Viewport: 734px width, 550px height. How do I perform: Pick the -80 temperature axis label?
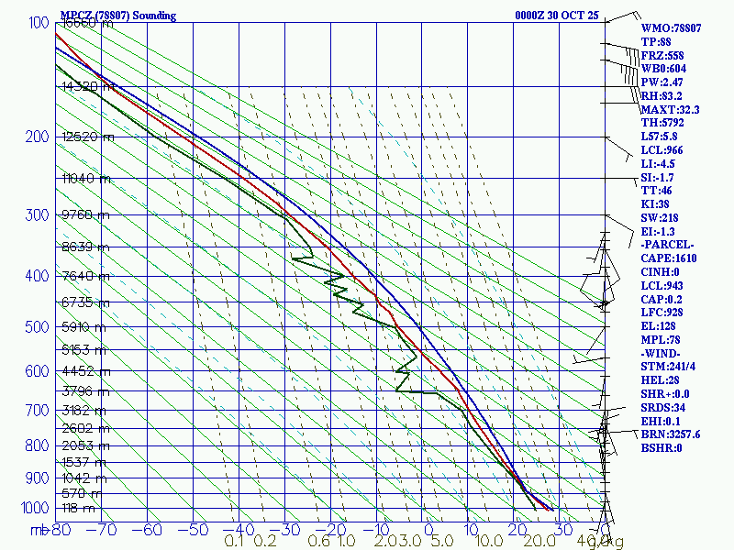coord(61,530)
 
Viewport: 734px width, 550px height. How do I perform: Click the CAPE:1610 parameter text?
coord(670,259)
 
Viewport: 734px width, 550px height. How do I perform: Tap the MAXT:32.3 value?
coord(670,110)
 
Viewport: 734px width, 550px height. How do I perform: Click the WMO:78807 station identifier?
coord(671,28)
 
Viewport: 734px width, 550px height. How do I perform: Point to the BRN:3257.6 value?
coord(671,434)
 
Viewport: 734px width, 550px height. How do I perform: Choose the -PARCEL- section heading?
coord(668,246)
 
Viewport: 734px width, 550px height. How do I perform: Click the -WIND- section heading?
coord(662,353)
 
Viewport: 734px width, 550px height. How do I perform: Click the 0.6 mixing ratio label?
coord(318,542)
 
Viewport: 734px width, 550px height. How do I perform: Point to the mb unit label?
coord(39,530)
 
